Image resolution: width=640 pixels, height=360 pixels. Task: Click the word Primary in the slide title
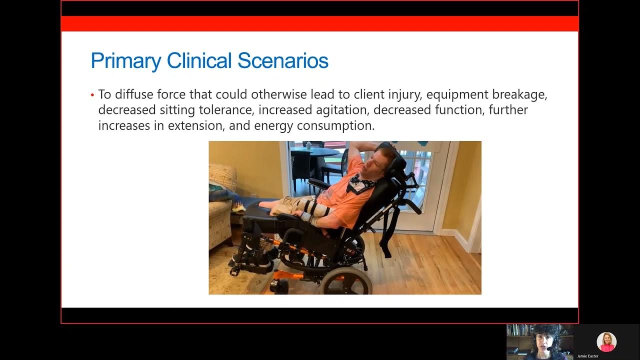125,61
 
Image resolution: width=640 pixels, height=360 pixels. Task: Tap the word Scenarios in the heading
282,61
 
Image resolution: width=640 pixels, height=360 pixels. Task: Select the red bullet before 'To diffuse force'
92,95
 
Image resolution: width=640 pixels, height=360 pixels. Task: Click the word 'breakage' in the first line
520,94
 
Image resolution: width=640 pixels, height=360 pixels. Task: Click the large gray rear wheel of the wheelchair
346,280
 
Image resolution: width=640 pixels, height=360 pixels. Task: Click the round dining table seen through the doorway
315,151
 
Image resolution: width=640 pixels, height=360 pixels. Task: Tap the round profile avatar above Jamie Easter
606,342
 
